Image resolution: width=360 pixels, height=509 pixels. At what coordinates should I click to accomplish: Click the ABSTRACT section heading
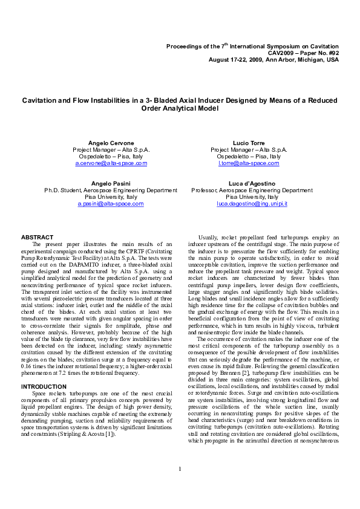coord(37,237)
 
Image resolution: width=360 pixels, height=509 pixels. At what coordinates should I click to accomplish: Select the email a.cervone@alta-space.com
coord(111,164)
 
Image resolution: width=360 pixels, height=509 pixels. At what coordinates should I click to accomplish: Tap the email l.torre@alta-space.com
coord(249,164)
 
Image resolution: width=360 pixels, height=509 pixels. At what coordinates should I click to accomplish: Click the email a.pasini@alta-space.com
coord(111,204)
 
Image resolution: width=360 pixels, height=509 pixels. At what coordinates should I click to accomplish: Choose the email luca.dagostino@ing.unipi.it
coord(252,204)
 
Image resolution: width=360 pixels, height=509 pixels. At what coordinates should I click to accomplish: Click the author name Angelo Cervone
coord(111,142)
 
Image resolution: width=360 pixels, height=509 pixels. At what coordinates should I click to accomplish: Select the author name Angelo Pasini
coord(111,183)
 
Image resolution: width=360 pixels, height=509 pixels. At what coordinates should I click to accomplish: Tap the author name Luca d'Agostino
coord(252,183)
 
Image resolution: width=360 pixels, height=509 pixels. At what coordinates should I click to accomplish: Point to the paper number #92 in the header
coord(332,53)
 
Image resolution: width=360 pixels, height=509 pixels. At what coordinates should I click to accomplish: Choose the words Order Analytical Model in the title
coord(180,109)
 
